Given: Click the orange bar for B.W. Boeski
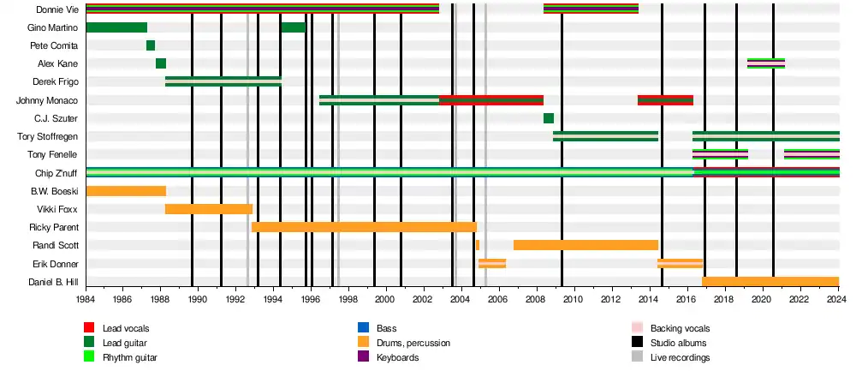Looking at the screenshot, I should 126,191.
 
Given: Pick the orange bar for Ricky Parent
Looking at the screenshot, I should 364,227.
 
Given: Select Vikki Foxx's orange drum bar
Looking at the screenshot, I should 209,209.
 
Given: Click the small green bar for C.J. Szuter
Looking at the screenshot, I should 549,118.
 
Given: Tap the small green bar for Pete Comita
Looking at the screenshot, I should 151,45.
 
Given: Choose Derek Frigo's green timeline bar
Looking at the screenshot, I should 223,81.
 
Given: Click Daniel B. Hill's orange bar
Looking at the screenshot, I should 770,282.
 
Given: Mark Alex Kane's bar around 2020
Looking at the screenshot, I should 766,63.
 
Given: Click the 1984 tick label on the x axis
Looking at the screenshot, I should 86,299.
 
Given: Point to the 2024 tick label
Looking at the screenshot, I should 837,299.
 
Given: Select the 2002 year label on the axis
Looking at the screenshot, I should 423,299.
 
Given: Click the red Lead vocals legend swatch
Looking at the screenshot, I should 89,328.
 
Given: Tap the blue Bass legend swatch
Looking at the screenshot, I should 363,328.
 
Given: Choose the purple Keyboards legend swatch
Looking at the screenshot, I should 363,357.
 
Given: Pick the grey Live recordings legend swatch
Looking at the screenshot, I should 636,357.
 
